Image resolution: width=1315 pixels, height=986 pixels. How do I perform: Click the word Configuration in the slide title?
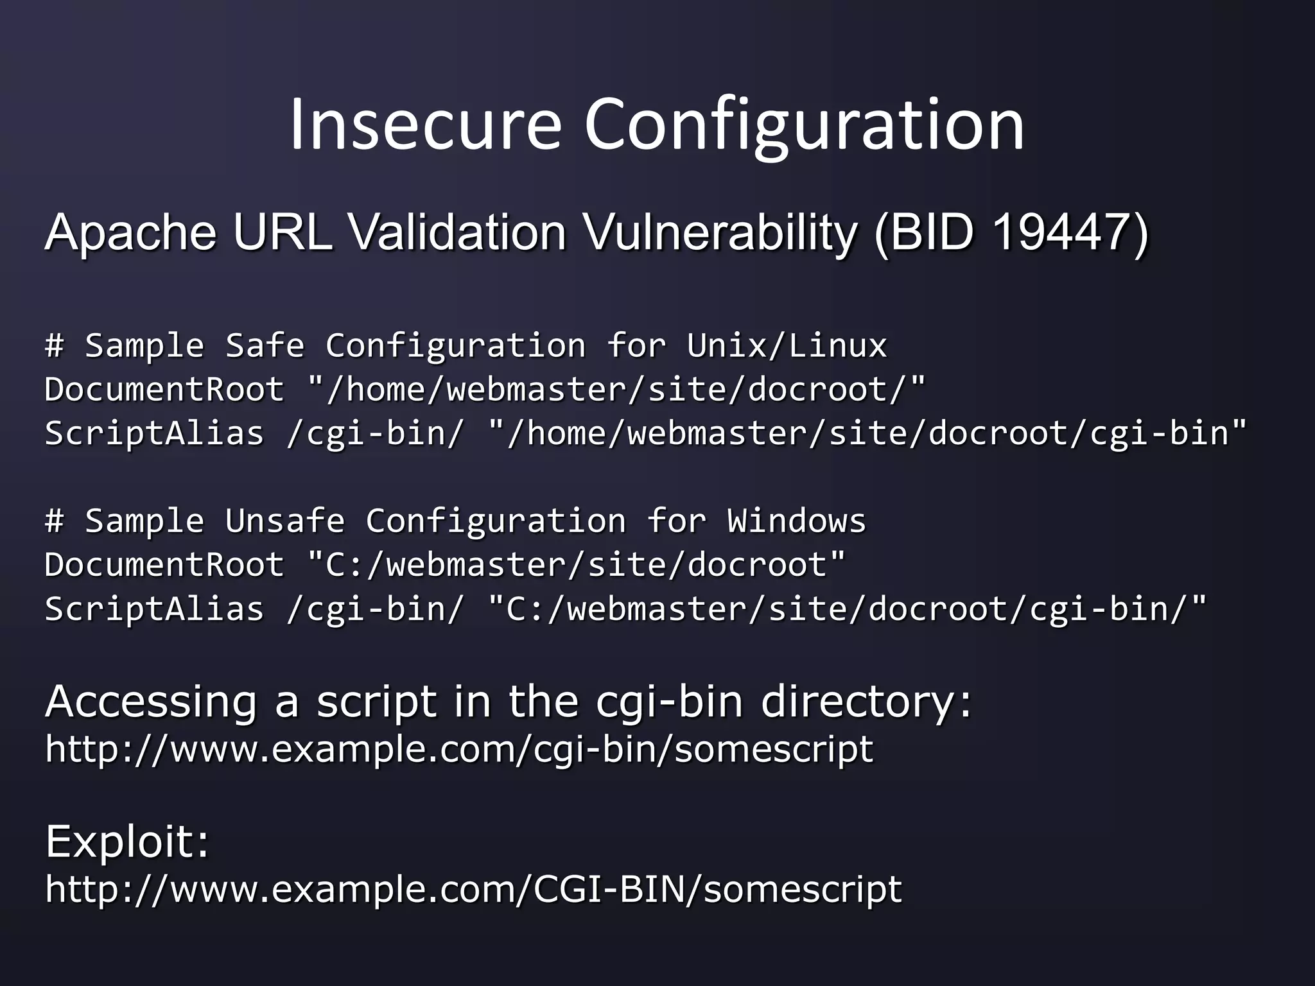pos(803,125)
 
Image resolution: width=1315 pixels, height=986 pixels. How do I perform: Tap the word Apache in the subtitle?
pos(130,232)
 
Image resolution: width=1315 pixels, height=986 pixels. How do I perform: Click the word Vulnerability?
pos(720,233)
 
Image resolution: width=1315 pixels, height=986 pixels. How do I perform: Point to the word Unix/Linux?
pos(787,345)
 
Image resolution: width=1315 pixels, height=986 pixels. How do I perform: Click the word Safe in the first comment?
pos(265,345)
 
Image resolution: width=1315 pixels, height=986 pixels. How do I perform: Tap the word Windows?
pos(796,521)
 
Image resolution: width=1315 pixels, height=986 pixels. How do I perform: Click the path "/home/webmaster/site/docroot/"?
pos(617,390)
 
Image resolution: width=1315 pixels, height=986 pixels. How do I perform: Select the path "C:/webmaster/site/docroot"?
pos(577,565)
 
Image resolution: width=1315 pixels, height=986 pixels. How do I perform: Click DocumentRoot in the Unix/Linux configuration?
pos(164,390)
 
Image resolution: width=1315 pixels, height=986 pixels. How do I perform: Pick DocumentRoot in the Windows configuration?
pos(164,565)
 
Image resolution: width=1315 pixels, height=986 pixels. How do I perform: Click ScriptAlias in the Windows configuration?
pos(154,609)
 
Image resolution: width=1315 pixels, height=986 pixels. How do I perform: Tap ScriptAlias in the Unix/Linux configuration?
pos(154,433)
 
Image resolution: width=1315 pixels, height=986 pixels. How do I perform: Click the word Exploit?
pos(127,841)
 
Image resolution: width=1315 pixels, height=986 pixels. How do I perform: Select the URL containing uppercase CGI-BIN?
pos(474,889)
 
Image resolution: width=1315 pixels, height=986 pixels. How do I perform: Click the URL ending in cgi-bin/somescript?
pos(459,749)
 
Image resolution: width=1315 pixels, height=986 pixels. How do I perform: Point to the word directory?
pos(866,702)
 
